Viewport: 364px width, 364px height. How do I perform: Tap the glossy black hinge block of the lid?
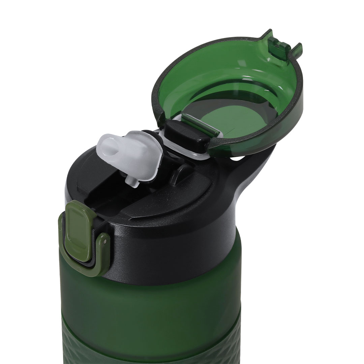coord(184,135)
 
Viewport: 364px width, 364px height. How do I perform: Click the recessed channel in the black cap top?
coord(111,199)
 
